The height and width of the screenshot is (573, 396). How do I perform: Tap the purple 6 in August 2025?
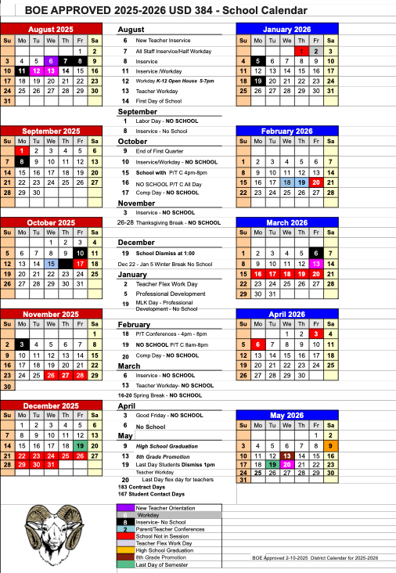(51, 60)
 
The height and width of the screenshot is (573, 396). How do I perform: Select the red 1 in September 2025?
(22, 150)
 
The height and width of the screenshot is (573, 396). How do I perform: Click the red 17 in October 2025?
(80, 264)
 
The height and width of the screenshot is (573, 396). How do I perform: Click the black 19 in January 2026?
(257, 81)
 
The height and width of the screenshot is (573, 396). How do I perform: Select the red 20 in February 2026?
(315, 182)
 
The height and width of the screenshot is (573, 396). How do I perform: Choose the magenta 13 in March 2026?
(315, 264)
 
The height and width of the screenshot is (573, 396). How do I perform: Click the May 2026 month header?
(286, 414)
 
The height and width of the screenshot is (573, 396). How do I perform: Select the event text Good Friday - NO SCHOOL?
(167, 415)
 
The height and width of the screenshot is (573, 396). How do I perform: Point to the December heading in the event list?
(136, 243)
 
